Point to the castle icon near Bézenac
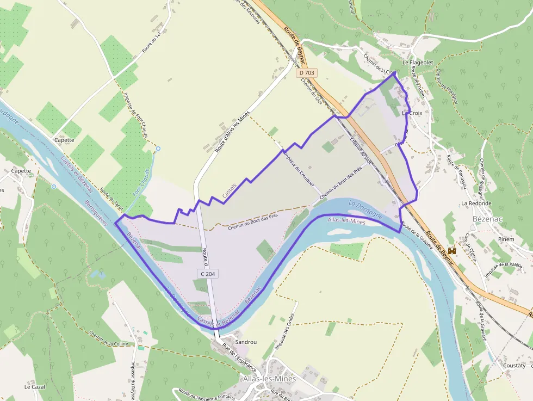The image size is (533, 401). click(x=451, y=251)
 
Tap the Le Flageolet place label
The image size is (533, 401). click(x=417, y=63)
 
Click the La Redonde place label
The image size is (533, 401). click(x=476, y=203)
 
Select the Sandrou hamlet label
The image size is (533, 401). click(x=246, y=342)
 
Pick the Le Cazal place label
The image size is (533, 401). click(x=34, y=387)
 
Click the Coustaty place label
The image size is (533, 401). click(x=514, y=366)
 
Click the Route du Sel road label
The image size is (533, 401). click(x=152, y=42)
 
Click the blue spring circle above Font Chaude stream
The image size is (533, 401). click(x=158, y=149)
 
